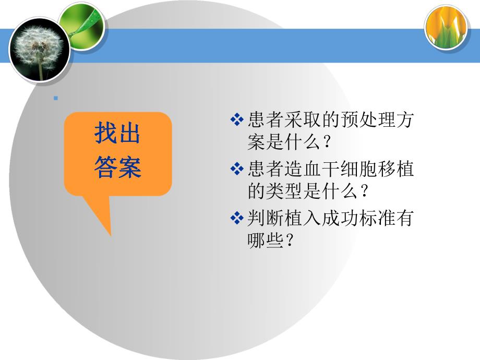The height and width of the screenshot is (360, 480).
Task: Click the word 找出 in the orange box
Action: (x=117, y=134)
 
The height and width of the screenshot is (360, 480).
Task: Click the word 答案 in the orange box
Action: (x=117, y=168)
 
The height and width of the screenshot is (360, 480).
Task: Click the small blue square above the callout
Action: (x=55, y=98)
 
